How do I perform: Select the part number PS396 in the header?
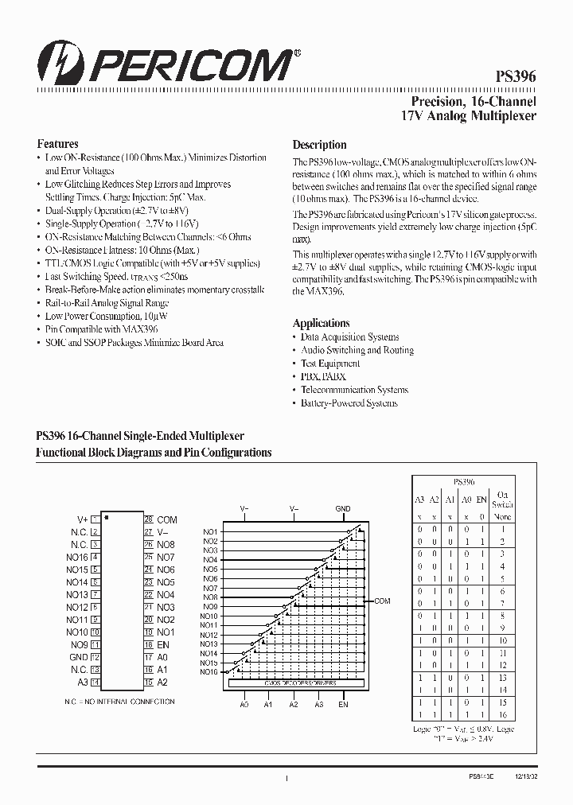[516, 77]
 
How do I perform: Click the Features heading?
[57, 144]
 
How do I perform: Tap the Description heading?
[319, 145]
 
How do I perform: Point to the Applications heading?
[321, 323]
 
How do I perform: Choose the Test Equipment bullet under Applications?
[330, 364]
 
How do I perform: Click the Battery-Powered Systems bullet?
[349, 403]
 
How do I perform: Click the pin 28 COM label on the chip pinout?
[166, 519]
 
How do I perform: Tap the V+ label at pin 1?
[82, 519]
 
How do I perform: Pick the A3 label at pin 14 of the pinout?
[83, 682]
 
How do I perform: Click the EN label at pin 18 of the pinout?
[162, 645]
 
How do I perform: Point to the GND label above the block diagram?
[342, 507]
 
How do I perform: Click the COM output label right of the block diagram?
[383, 601]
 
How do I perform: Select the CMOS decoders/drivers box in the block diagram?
[294, 682]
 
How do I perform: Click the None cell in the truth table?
[503, 515]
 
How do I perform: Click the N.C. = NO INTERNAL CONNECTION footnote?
[119, 702]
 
